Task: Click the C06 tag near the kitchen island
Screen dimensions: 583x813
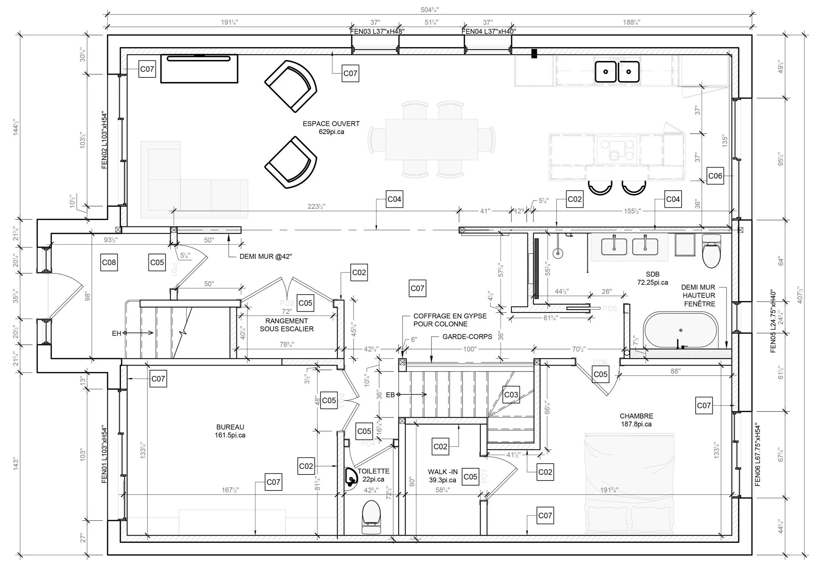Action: (x=715, y=176)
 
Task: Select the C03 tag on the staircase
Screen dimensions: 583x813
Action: (x=511, y=395)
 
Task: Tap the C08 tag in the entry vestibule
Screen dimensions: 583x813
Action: (x=109, y=263)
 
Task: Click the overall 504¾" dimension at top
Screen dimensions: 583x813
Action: (x=429, y=10)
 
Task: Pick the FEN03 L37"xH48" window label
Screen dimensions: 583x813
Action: (x=377, y=31)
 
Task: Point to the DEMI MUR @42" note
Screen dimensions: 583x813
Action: (x=266, y=257)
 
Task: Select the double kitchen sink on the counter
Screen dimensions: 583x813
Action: (x=617, y=72)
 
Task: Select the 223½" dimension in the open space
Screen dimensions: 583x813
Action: (x=316, y=207)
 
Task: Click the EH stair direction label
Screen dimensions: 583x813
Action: (x=116, y=334)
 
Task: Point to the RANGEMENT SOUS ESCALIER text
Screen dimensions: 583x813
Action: (x=286, y=325)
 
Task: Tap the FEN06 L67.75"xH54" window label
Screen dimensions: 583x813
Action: (x=757, y=455)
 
